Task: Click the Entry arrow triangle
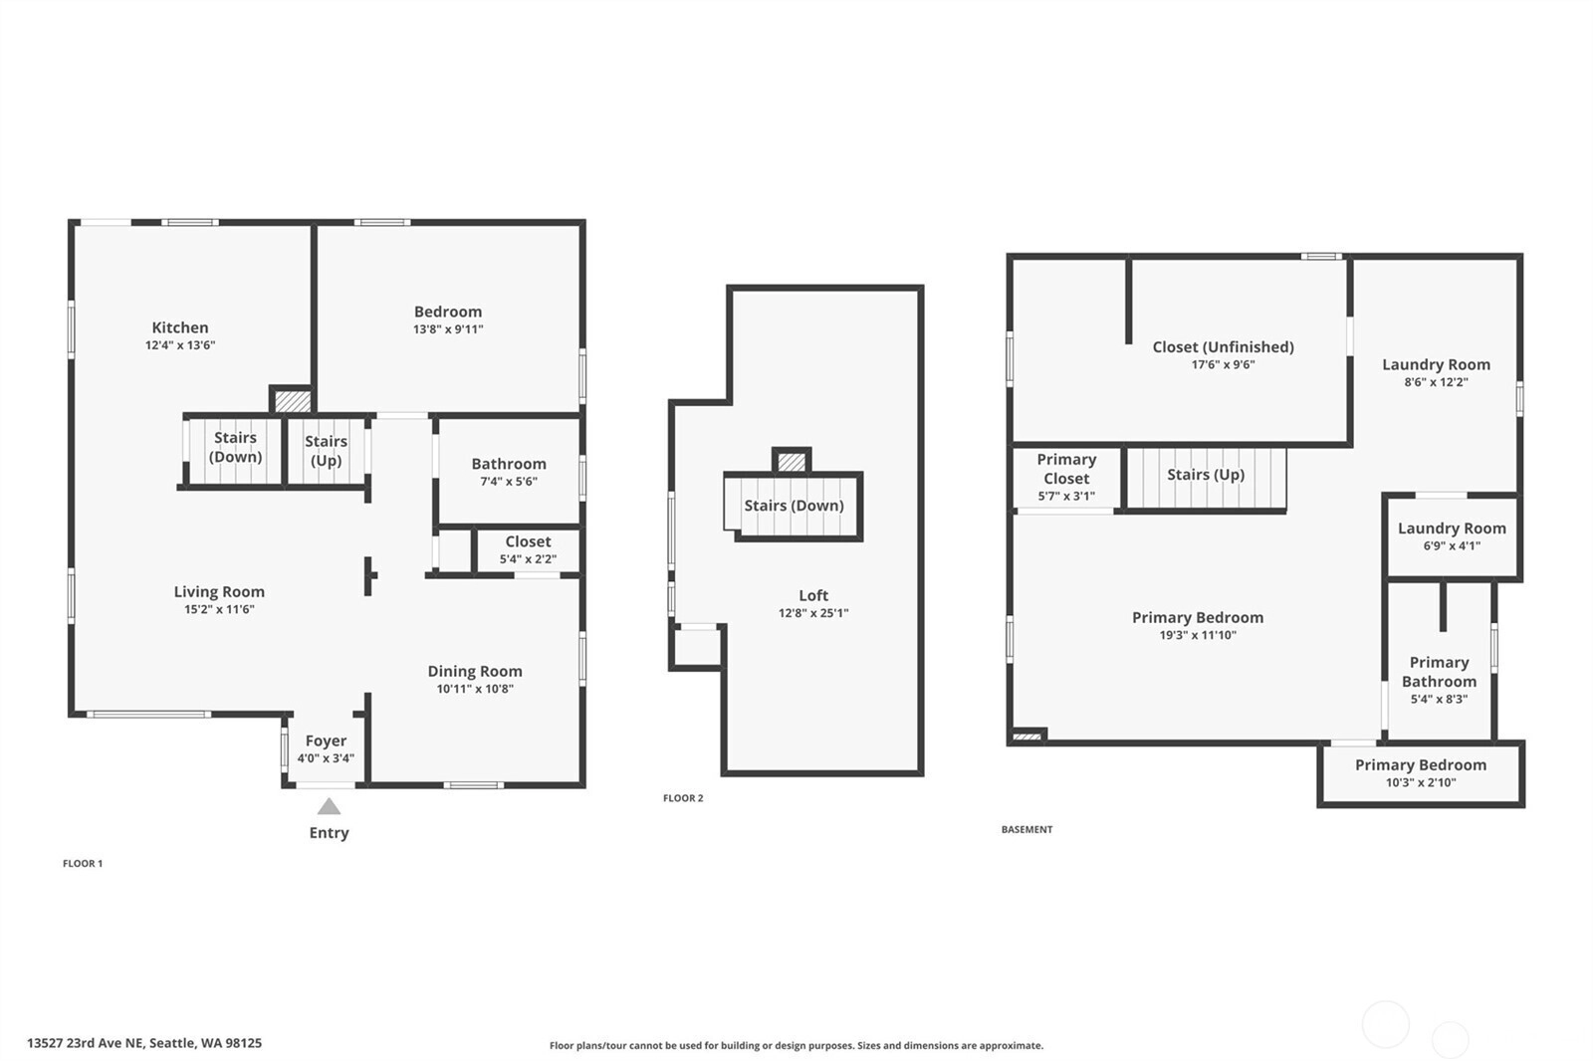[329, 806]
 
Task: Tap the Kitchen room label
[180, 327]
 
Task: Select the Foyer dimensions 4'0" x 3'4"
[326, 758]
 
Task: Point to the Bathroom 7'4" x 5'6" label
[509, 472]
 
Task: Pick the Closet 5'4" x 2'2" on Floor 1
[529, 549]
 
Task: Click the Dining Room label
[475, 671]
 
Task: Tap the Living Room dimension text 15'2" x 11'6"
[219, 609]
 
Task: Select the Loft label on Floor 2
[813, 595]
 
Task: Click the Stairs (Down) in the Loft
[795, 506]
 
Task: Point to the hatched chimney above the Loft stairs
[792, 463]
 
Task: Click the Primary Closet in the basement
[1066, 477]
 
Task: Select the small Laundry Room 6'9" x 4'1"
[1453, 536]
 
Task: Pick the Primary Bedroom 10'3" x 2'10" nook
[1421, 773]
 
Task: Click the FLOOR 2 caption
[683, 798]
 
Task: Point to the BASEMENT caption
[1026, 829]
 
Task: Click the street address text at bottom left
[144, 1043]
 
